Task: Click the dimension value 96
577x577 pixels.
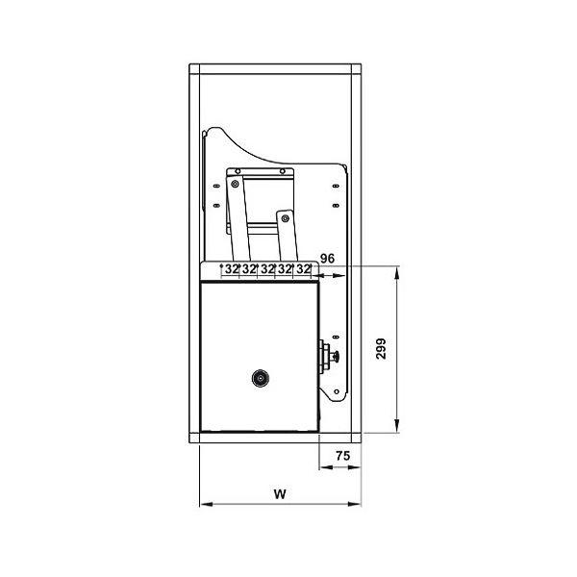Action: click(327, 259)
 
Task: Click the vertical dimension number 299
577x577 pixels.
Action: click(381, 347)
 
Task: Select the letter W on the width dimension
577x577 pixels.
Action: click(279, 494)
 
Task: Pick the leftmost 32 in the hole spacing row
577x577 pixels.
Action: click(232, 270)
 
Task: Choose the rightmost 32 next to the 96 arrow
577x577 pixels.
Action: click(304, 270)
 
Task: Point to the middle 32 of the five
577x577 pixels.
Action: click(267, 270)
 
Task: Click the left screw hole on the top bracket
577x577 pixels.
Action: click(237, 171)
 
